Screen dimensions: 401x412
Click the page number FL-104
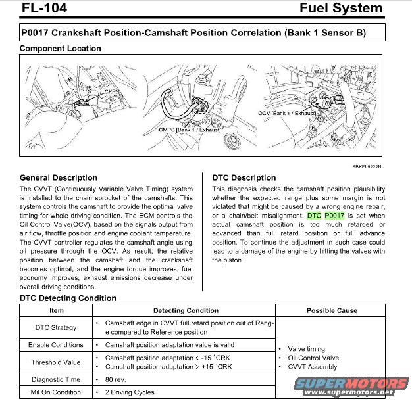pos(43,9)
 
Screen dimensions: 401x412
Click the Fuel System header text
pos(340,9)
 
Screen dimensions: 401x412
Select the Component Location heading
pos(60,49)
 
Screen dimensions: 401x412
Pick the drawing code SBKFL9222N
pos(366,167)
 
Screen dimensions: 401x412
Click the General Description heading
pos(58,178)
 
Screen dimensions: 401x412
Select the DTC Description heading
pos(244,178)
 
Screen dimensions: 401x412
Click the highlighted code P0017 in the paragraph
pos(334,216)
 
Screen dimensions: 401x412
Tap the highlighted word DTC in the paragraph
pos(315,216)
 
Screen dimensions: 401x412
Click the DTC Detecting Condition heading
pos(68,298)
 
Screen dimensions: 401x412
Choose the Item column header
pos(57,310)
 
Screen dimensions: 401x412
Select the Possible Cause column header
pos(332,310)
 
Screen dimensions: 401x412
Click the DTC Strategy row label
pos(56,327)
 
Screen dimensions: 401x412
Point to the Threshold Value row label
pos(56,362)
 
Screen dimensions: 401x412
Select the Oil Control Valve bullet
pos(313,358)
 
